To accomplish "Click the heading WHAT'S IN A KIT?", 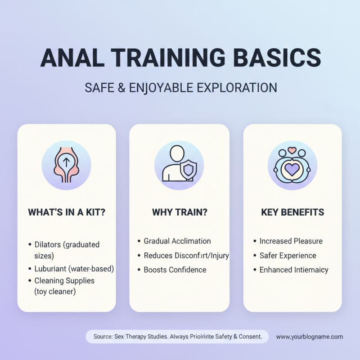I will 67,212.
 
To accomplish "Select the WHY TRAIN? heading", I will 180,212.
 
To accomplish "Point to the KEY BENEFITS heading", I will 292,212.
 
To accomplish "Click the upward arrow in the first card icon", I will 67,162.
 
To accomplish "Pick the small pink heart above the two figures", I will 292,150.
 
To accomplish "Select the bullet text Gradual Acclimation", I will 177,241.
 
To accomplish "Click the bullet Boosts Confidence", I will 175,270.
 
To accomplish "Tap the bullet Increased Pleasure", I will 291,241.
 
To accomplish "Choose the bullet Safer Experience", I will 288,256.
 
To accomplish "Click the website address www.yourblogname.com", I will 310,337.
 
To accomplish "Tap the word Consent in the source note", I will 250,337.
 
